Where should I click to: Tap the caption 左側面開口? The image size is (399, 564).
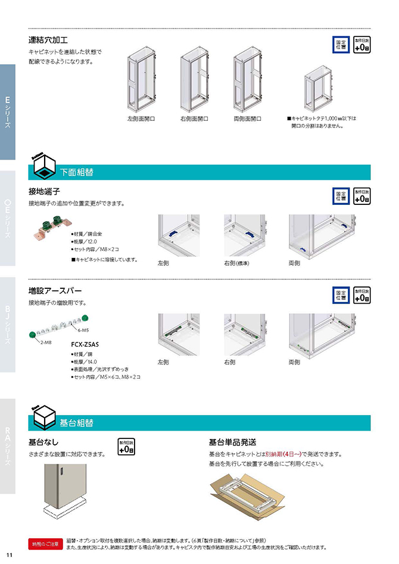[x=141, y=119]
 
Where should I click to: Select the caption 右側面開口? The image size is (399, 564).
[x=194, y=119]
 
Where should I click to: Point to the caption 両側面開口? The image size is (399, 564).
[x=247, y=119]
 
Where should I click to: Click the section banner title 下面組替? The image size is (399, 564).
[x=77, y=173]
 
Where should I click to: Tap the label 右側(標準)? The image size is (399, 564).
[x=236, y=263]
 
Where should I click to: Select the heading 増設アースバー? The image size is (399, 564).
[x=55, y=291]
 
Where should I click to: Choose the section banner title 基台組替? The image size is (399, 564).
[x=76, y=423]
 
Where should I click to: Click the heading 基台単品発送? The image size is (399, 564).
[x=232, y=442]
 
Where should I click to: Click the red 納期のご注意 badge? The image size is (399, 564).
[x=46, y=544]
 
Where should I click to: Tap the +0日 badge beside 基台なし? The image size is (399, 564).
[x=126, y=447]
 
